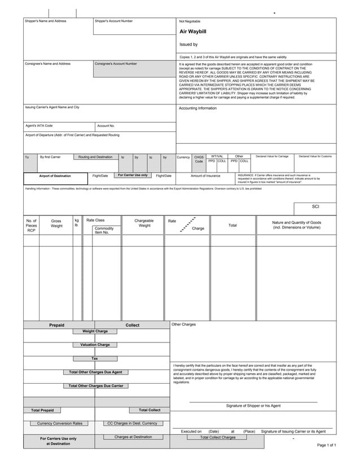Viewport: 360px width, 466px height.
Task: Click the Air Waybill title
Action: pos(194,32)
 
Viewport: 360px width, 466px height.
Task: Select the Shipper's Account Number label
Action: pos(114,21)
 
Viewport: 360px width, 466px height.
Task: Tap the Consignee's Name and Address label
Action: pos(48,64)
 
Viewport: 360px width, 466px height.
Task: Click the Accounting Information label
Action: pos(197,108)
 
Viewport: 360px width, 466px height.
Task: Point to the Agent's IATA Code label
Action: pos(39,126)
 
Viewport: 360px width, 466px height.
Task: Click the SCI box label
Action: pos(315,206)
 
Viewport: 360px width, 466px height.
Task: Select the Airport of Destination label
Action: pos(55,176)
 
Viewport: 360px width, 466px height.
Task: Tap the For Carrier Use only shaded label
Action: pos(133,175)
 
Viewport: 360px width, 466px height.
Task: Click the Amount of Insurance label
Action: pos(205,176)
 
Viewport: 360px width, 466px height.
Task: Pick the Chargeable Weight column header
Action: pos(144,223)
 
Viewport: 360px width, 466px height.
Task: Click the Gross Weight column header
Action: pos(56,223)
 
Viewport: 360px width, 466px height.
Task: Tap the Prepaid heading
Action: pos(56,326)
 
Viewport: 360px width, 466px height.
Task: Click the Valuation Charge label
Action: pos(95,345)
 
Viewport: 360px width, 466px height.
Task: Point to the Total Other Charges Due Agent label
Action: pos(95,372)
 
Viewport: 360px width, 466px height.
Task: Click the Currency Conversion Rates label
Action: pos(59,423)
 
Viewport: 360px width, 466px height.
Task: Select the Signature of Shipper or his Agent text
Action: pos(253,406)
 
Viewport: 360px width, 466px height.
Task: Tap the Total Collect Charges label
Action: pos(218,437)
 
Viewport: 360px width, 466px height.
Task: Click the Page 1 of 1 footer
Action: pos(327,446)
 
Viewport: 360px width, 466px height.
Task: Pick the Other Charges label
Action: pos(183,325)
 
